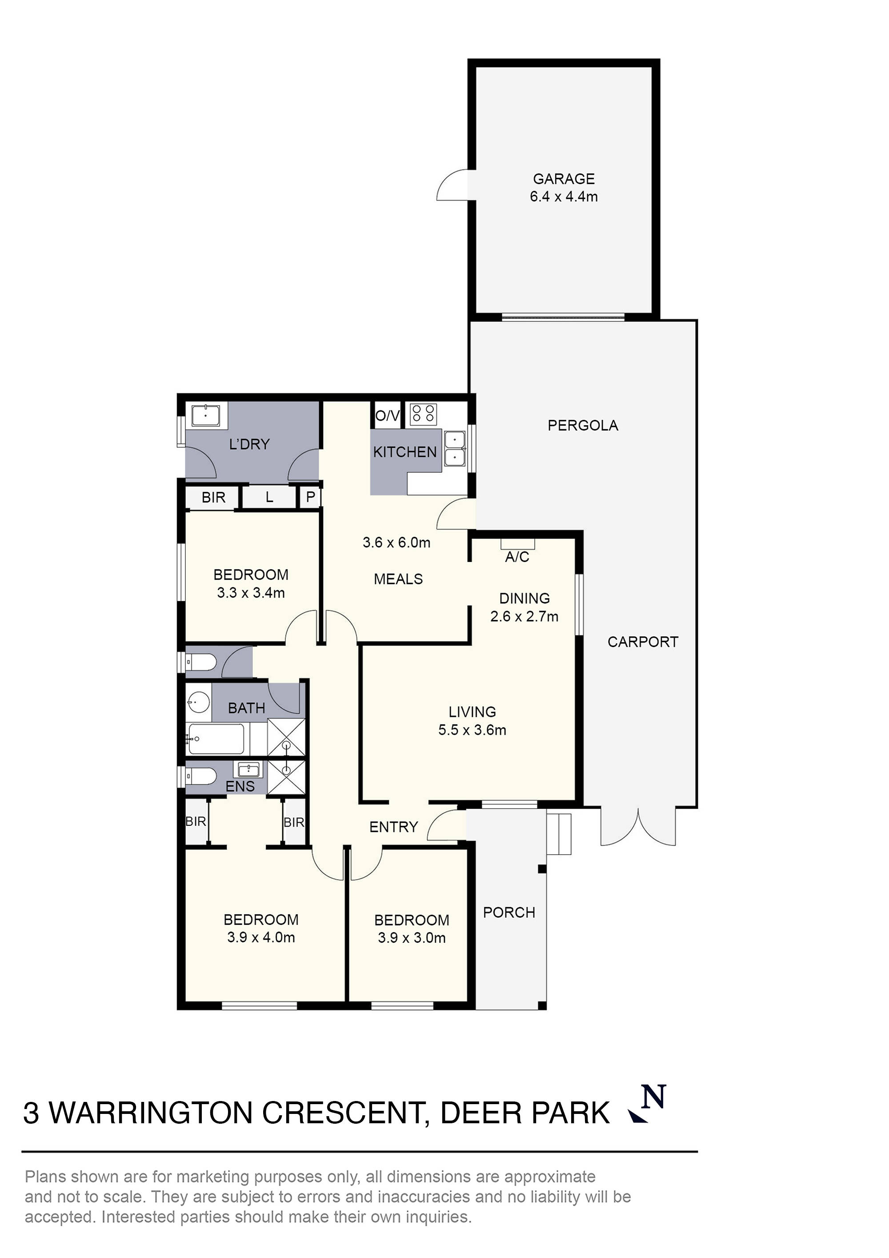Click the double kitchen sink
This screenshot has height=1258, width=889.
pyautogui.click(x=455, y=448)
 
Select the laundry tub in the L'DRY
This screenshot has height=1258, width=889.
pyautogui.click(x=205, y=416)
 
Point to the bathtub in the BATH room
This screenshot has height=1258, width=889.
pyautogui.click(x=216, y=739)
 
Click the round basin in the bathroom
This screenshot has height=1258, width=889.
pyautogui.click(x=198, y=701)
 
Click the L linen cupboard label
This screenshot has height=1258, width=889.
pyautogui.click(x=269, y=497)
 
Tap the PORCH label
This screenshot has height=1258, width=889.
pyautogui.click(x=509, y=912)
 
